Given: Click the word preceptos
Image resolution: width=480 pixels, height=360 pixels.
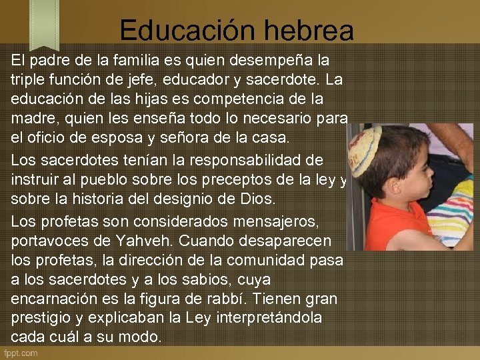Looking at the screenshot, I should click(x=237, y=179).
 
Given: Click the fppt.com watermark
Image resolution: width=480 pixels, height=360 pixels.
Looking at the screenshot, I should click(x=21, y=353).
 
